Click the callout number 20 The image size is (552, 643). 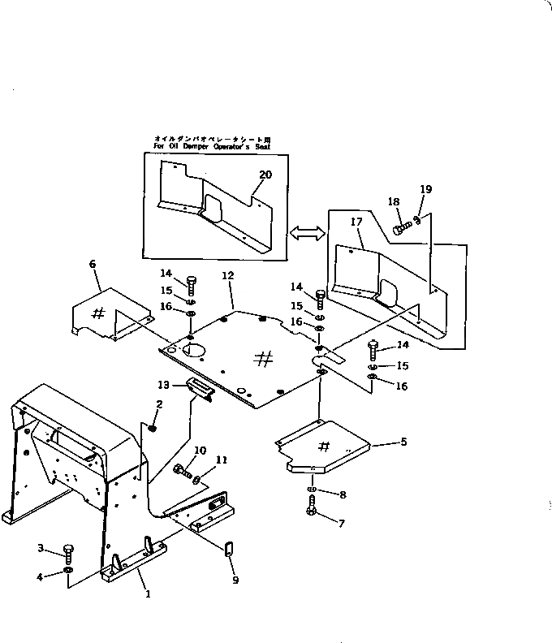265,175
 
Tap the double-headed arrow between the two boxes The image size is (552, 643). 307,233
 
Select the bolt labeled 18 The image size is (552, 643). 400,228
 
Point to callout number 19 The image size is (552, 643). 425,189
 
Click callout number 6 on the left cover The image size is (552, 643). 92,264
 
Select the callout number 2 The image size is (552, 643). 159,403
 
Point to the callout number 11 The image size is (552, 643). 222,460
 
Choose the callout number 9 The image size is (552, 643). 235,580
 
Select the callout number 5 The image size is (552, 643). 403,442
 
